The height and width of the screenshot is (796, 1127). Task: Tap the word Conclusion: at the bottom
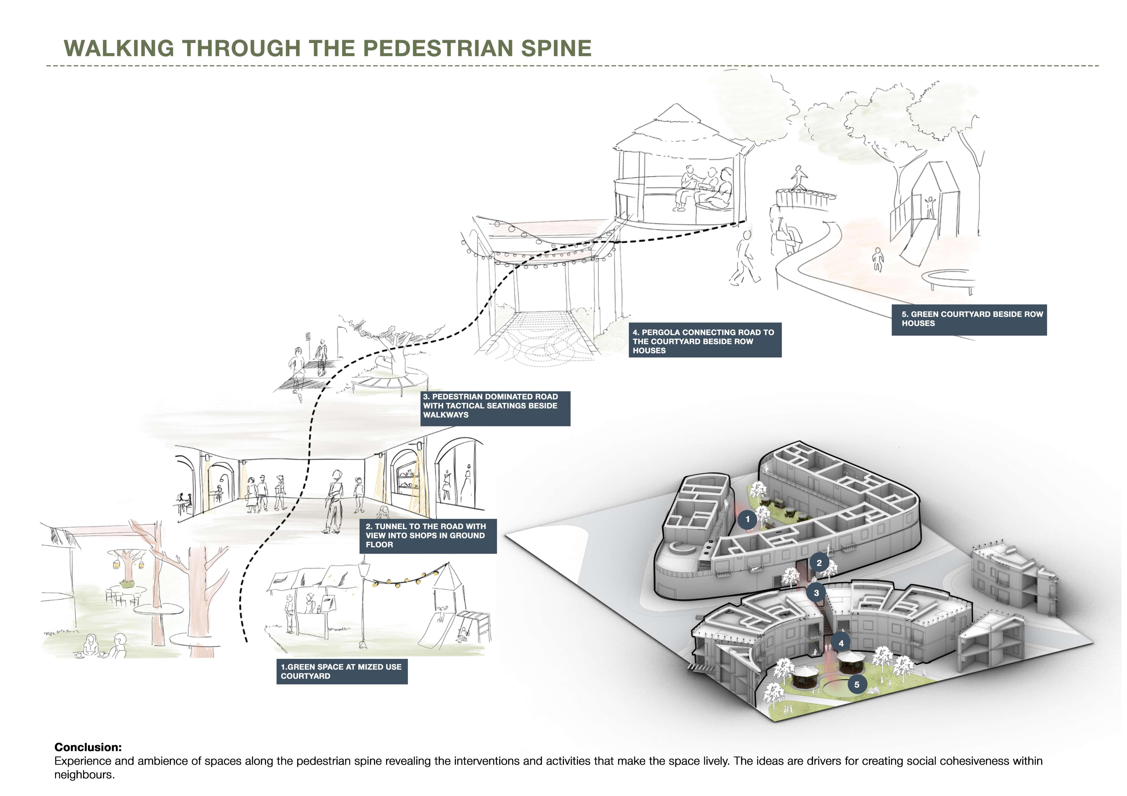click(x=88, y=747)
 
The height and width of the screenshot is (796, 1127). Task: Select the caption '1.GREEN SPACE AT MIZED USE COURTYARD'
click(x=342, y=671)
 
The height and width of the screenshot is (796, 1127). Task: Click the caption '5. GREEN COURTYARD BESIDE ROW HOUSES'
click(x=969, y=319)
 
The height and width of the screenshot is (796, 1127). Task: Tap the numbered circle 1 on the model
click(x=748, y=519)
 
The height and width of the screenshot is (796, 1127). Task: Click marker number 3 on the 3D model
click(x=816, y=593)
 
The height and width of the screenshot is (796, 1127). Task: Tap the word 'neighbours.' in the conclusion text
click(x=84, y=775)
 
